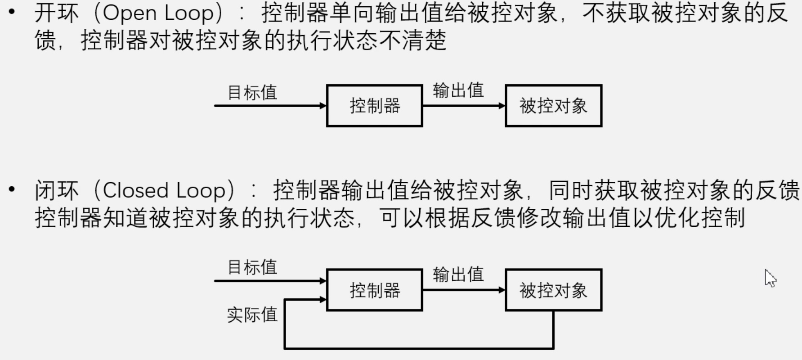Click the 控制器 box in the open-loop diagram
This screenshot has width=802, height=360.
pos(374,106)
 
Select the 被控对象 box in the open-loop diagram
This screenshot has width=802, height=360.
pos(553,106)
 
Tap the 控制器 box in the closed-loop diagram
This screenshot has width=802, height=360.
pos(374,290)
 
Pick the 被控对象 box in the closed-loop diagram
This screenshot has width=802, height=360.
pos(553,290)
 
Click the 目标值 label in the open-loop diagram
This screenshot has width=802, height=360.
pos(252,93)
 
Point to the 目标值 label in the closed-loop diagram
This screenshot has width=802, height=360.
pos(252,267)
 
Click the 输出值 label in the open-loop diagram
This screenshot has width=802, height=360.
pos(458,90)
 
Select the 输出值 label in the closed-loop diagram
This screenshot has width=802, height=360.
pos(458,274)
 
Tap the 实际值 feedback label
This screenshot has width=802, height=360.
pos(252,315)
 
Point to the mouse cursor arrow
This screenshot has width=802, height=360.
pos(770,278)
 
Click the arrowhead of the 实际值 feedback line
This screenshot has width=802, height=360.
pos(323,299)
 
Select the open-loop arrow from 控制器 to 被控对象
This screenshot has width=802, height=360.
pos(463,106)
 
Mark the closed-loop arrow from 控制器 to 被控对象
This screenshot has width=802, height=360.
pos(463,290)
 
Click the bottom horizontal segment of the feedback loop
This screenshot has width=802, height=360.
pos(418,348)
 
